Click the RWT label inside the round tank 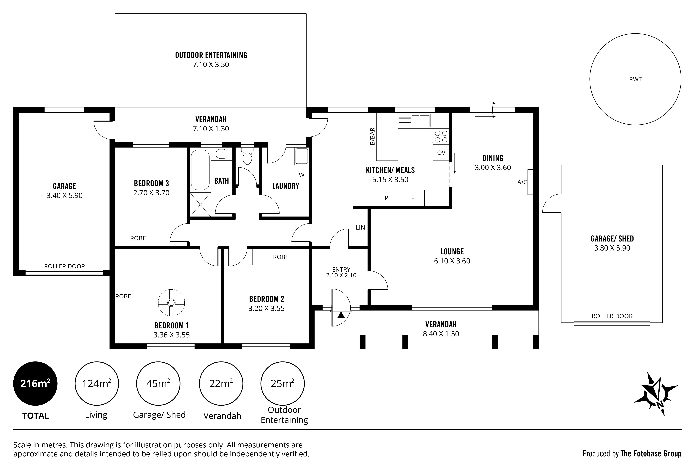pyautogui.click(x=635, y=79)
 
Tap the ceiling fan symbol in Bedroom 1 pyautogui.click(x=171, y=303)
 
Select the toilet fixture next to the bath pyautogui.click(x=247, y=156)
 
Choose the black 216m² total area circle pyautogui.click(x=35, y=383)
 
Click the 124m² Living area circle pyautogui.click(x=97, y=383)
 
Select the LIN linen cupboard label pyautogui.click(x=360, y=228)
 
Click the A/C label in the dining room pyautogui.click(x=522, y=182)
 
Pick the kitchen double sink pyautogui.click(x=414, y=120)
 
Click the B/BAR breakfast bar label pyautogui.click(x=372, y=136)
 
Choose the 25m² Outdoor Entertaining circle pyautogui.click(x=283, y=383)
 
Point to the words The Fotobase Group pyautogui.click(x=651, y=454)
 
